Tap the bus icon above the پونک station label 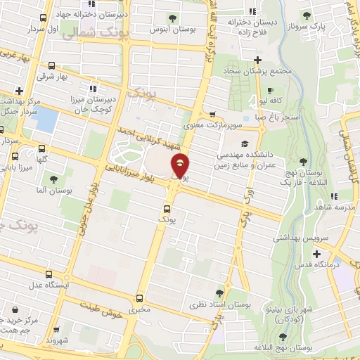click(x=167, y=208)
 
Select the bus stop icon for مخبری click(x=140, y=298)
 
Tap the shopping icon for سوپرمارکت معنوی click(x=213, y=115)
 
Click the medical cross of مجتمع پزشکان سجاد click(x=259, y=59)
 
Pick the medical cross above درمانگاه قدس click(x=316, y=253)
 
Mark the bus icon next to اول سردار click(x=44, y=18)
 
